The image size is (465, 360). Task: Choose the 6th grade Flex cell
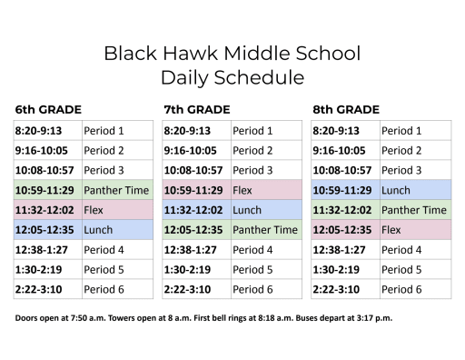point(94,210)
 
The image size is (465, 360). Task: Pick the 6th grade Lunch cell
point(98,230)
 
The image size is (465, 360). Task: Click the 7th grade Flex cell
point(242,191)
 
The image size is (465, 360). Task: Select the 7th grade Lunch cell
point(247,210)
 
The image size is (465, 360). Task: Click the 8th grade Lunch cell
point(396,191)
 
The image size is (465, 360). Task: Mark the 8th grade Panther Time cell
point(414,210)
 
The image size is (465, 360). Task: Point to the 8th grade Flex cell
point(391,230)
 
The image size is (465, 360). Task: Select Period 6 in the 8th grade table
point(401,289)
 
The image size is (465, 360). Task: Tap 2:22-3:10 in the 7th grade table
point(187,289)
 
